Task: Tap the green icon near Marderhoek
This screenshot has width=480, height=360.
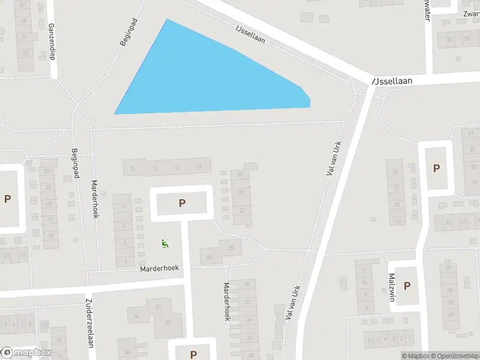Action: (164, 243)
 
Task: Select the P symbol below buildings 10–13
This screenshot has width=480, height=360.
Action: (182, 203)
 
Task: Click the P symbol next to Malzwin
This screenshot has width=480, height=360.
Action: (406, 286)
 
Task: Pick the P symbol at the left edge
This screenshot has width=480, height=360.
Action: (7, 199)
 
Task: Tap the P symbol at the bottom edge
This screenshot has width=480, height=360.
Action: (193, 355)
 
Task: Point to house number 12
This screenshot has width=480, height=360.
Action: (176, 167)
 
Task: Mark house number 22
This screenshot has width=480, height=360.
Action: (242, 210)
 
